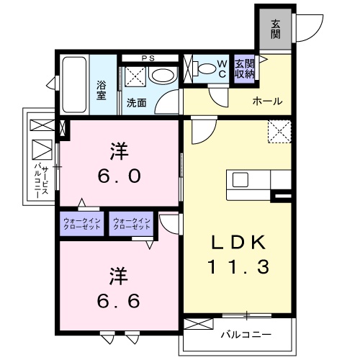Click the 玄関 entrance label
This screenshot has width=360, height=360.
click(276, 30)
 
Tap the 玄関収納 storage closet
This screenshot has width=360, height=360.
click(244, 69)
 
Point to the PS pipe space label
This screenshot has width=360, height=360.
click(148, 58)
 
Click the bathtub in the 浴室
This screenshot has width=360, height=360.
click(74, 84)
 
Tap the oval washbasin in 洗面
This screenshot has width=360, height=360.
click(163, 76)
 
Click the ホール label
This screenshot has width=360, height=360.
click(268, 102)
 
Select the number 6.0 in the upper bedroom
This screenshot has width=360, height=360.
click(120, 176)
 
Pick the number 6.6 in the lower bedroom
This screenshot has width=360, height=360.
click(118, 301)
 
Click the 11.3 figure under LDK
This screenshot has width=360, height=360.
click(238, 266)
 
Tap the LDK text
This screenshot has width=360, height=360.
click(238, 242)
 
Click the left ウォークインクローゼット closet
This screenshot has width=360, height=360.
click(82, 224)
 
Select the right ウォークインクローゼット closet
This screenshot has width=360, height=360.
click(131, 224)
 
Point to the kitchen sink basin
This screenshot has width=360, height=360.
click(240, 179)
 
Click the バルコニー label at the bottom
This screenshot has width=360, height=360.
click(246, 334)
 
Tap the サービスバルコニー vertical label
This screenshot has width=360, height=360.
click(41, 180)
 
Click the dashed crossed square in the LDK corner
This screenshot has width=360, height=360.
click(279, 132)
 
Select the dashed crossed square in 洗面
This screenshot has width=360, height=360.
click(135, 76)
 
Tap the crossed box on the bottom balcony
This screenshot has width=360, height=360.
click(199, 324)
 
